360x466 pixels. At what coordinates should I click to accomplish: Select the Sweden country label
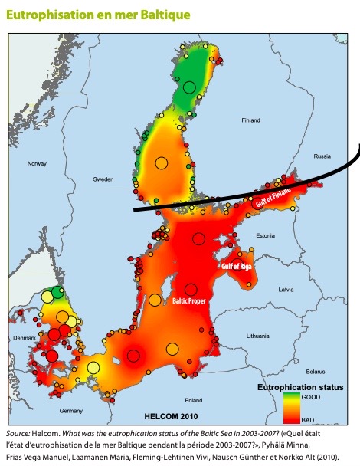[x=103, y=179]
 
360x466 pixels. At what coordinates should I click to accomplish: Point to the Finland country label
[x=250, y=120]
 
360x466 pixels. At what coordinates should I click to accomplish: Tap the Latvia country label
[x=286, y=290]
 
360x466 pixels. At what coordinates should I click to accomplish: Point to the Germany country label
[x=70, y=411]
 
